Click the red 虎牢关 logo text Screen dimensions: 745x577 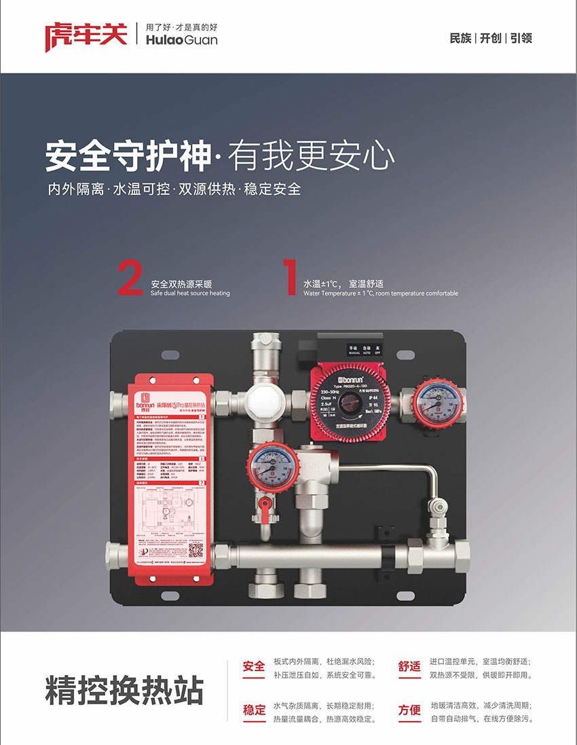86,35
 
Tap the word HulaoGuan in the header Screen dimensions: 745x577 181,41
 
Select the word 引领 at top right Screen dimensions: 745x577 521,38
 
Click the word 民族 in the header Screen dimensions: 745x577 460,38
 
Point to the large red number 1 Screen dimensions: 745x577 291,278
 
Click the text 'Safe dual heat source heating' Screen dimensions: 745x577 190,293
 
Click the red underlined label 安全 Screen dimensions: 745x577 254,666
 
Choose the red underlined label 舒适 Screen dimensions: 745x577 409,666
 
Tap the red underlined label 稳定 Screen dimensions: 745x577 254,710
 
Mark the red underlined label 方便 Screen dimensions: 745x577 409,710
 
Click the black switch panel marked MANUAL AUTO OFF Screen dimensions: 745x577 364,349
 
